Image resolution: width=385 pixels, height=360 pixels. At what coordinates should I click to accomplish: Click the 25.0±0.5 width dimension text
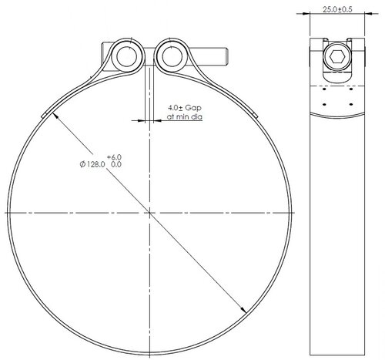(337, 9)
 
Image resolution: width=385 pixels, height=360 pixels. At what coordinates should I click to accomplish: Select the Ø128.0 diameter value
(92, 164)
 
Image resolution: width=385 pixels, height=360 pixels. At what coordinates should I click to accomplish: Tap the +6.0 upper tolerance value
(115, 157)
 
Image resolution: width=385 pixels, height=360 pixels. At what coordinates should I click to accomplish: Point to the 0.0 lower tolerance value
(116, 164)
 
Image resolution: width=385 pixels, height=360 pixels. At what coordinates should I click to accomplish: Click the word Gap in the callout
(193, 108)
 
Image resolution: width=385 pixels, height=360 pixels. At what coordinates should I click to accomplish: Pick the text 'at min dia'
(185, 117)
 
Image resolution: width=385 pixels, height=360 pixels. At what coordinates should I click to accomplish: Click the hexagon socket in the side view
(336, 57)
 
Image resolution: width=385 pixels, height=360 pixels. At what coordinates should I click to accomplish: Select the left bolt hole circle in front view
(126, 56)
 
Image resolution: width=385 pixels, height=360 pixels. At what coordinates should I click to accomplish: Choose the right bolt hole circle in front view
(172, 56)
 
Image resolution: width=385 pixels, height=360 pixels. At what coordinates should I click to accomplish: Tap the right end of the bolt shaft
(228, 57)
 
